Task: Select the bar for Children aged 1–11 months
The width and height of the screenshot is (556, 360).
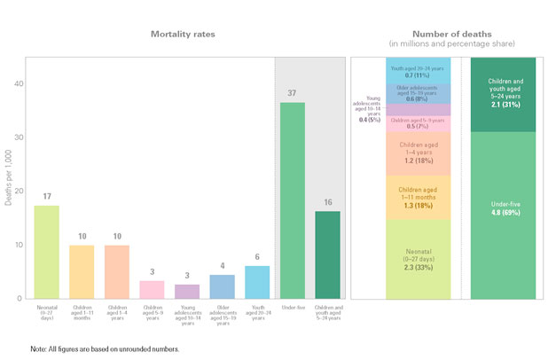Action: point(82,271)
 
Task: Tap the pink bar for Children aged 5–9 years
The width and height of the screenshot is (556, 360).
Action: point(152,289)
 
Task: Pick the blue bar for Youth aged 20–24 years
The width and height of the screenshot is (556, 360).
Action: point(257,282)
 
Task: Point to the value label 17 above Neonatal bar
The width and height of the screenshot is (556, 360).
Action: point(47,197)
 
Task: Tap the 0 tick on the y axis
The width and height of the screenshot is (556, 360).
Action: point(17,299)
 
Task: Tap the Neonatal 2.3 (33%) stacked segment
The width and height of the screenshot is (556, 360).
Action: point(419,258)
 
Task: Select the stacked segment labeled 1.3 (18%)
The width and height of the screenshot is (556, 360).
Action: point(419,198)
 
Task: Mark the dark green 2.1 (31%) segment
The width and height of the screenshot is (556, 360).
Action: point(504,95)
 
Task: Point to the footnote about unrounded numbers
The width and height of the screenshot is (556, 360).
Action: point(105,349)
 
